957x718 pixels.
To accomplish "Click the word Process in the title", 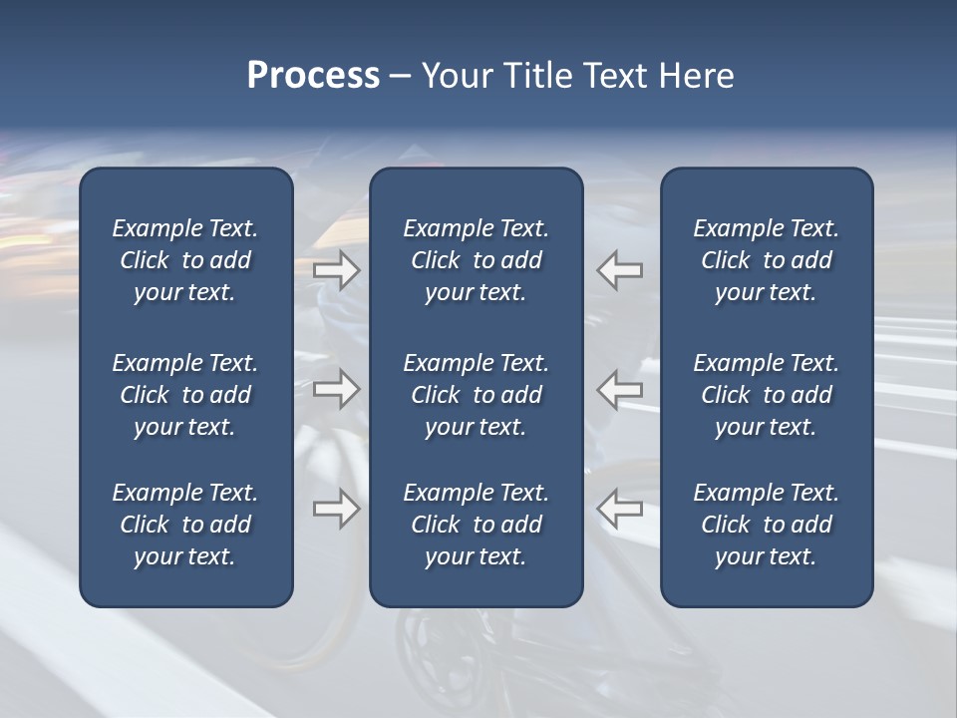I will (313, 76).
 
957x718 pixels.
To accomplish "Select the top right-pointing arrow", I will (337, 270).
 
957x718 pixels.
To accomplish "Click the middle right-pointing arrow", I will (337, 388).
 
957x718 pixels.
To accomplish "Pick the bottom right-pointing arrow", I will (337, 509).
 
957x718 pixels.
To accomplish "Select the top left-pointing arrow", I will (620, 270).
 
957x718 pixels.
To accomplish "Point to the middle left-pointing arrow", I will (620, 388).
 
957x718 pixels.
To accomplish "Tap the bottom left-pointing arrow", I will (620, 509).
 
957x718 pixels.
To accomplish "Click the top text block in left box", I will (185, 260).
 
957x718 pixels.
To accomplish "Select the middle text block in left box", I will (185, 395).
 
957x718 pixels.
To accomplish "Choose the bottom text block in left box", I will (185, 525).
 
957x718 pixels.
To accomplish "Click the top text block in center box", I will (476, 260).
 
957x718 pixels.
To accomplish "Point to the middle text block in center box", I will (476, 395).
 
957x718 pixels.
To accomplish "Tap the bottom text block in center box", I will (476, 525).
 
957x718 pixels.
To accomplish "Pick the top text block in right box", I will (766, 260).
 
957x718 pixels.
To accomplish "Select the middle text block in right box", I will (766, 395).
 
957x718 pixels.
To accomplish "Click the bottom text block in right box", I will (766, 525).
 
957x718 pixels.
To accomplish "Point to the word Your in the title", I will (454, 76).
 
